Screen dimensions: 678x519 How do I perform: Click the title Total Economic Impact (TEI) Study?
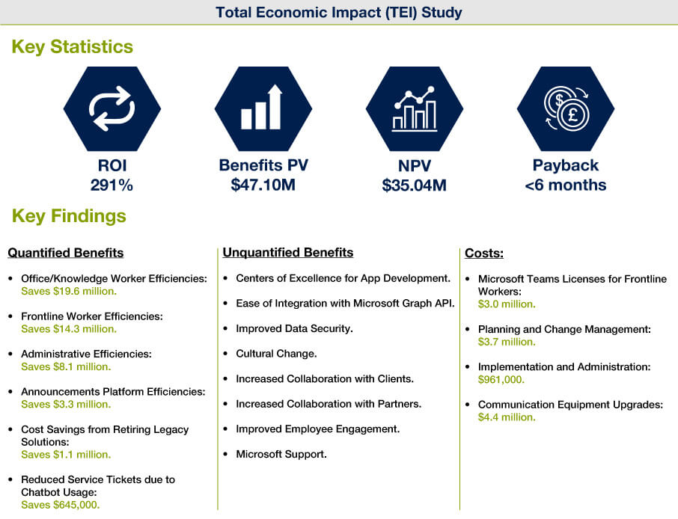point(338,12)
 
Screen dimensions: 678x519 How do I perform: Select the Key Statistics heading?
point(72,46)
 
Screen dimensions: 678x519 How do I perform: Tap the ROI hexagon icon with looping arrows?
point(112,108)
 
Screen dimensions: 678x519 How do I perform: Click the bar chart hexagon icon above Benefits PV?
point(263,108)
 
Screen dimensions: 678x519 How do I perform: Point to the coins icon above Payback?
point(566,108)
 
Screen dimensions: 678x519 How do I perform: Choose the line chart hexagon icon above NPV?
point(415,108)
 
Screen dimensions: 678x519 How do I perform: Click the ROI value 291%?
point(112,185)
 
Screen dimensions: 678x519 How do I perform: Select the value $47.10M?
point(263,185)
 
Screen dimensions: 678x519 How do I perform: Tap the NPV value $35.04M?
point(415,185)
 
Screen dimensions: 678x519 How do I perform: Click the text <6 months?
point(566,185)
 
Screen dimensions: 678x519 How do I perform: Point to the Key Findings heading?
point(69,215)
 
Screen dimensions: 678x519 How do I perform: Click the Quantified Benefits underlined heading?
point(66,253)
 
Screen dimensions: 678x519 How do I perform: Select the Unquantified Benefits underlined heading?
point(288,252)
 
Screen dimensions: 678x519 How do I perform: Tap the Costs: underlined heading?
point(484,253)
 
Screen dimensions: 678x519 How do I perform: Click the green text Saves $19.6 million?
point(69,291)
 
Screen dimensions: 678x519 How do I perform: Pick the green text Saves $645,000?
point(61,505)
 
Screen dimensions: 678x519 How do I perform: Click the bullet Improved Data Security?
point(294,328)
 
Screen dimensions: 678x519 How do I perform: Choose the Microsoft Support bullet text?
point(281,454)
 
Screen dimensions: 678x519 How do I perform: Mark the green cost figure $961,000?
point(501,379)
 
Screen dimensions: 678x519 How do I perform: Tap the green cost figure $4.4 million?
point(507,417)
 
